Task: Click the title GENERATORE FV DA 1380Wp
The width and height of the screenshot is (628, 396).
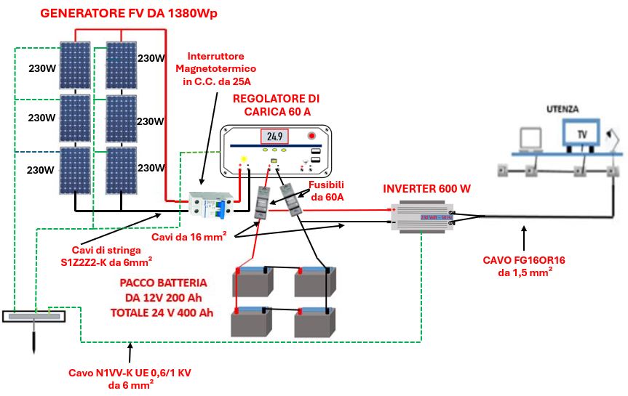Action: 119,14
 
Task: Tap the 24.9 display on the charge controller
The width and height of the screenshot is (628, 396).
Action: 274,136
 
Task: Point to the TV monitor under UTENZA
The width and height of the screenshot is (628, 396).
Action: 581,134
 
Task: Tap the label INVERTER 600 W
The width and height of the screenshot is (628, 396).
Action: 426,188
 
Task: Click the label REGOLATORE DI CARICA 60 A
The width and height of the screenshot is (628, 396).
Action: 276,105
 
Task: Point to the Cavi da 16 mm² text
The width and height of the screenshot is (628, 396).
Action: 186,238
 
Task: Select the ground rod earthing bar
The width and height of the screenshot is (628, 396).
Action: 35,317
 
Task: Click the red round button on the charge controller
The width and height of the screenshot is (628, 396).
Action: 312,135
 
